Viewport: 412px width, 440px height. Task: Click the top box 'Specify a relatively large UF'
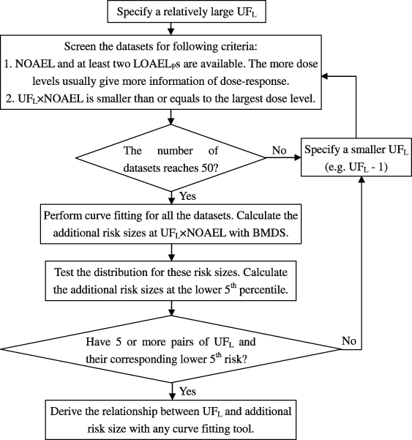pos(171,11)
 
